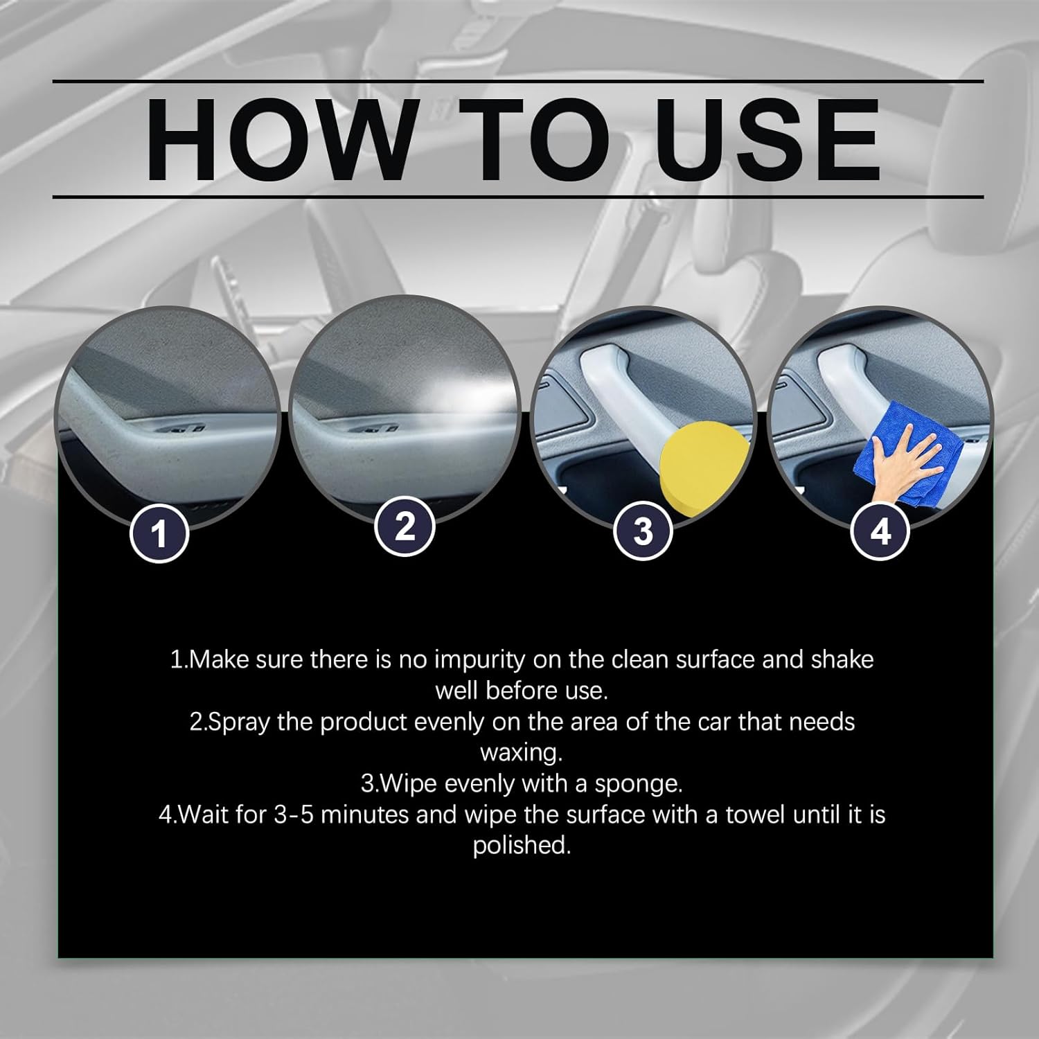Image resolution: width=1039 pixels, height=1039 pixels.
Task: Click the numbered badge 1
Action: click(x=160, y=533)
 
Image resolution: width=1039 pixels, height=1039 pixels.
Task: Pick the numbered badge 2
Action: click(x=405, y=526)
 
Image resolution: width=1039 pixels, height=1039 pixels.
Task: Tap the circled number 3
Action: click(x=643, y=531)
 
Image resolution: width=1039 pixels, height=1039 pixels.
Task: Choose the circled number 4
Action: click(x=880, y=531)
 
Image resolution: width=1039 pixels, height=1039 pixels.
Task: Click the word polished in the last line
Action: click(x=521, y=845)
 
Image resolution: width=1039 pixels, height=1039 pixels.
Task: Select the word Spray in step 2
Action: click(x=240, y=722)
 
